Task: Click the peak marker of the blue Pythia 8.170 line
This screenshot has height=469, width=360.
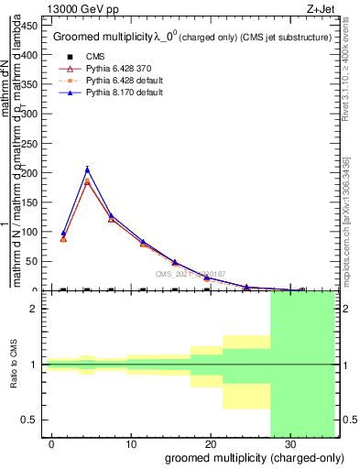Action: tap(87, 169)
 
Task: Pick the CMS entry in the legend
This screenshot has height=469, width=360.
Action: tap(82, 55)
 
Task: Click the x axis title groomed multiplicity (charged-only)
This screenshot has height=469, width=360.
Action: tap(256, 457)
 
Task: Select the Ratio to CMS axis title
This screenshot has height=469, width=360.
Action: tap(14, 365)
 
